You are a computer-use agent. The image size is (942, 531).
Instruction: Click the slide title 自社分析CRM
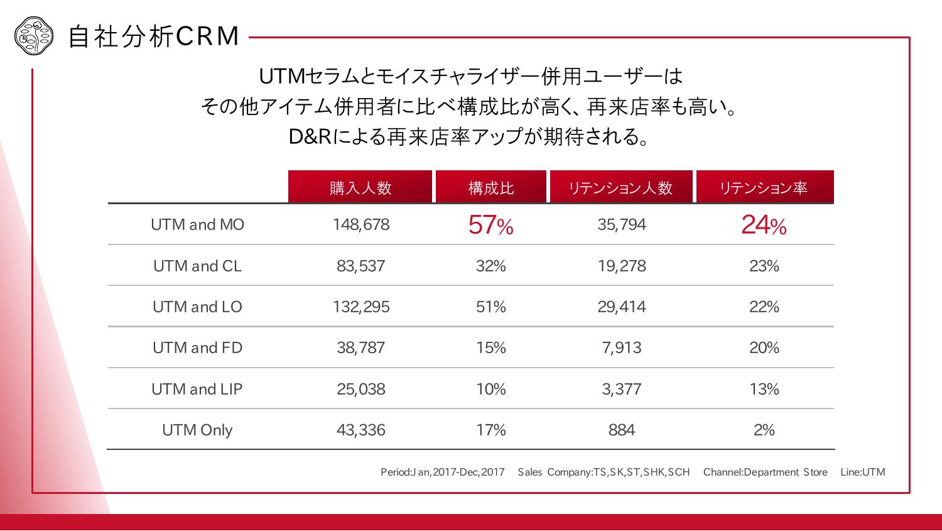(x=153, y=36)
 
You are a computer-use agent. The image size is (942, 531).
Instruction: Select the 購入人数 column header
(x=360, y=187)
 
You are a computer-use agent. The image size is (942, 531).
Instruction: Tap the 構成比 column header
(x=491, y=187)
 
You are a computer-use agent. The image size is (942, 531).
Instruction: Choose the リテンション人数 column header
(x=621, y=187)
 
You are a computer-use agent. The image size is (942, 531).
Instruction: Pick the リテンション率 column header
(x=764, y=187)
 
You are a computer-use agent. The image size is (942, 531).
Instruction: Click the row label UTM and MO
(x=197, y=224)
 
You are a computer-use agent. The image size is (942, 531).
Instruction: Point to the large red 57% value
(x=490, y=225)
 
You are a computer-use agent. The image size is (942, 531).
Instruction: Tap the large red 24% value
(x=764, y=225)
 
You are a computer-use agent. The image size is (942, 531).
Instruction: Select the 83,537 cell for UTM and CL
(x=360, y=266)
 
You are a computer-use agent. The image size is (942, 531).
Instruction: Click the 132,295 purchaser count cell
(x=360, y=307)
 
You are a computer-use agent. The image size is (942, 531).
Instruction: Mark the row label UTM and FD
(x=197, y=348)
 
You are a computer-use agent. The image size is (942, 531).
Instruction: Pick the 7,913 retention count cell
(x=621, y=348)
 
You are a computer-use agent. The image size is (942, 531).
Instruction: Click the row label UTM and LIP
(x=197, y=389)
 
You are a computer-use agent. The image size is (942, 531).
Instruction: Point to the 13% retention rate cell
(x=764, y=389)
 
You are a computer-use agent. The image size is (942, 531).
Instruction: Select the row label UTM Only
(x=197, y=430)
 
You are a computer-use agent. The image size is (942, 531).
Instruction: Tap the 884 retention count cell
(x=621, y=430)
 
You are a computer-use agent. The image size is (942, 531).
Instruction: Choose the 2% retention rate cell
(x=764, y=430)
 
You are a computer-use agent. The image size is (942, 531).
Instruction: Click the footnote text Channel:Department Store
(x=765, y=472)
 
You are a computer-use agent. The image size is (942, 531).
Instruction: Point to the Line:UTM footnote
(x=862, y=472)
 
